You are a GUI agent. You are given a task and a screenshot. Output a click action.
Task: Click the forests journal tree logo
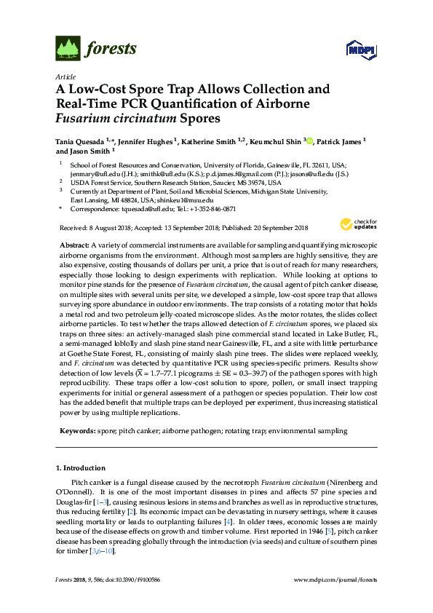click(x=68, y=49)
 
